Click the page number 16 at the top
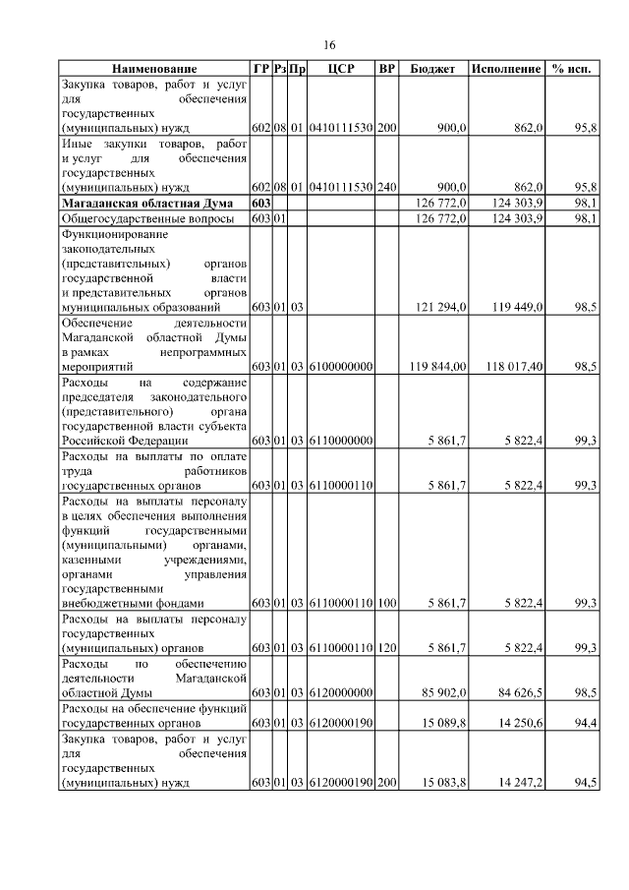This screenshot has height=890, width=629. [x=330, y=45]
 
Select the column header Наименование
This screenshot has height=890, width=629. [x=154, y=70]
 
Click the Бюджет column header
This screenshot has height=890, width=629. [x=432, y=70]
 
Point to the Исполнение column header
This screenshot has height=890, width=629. [x=506, y=70]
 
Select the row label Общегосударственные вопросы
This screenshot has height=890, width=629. [x=147, y=217]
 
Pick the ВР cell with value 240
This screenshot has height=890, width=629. [x=387, y=186]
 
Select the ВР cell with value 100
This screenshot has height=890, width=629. [x=387, y=603]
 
